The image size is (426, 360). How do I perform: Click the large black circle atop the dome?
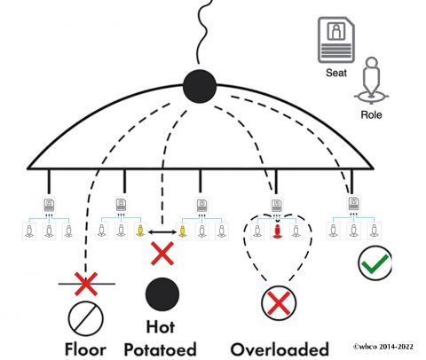click(199, 88)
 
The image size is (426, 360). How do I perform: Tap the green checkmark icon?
click(374, 263)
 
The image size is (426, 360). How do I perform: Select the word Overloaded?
click(279, 347)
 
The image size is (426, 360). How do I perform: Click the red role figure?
click(275, 232)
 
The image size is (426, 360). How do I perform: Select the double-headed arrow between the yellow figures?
click(162, 231)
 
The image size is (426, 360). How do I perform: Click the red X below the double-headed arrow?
click(162, 254)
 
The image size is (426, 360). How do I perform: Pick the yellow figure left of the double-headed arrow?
click(139, 232)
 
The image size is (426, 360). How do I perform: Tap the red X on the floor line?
click(85, 284)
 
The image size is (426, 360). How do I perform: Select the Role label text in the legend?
click(373, 115)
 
